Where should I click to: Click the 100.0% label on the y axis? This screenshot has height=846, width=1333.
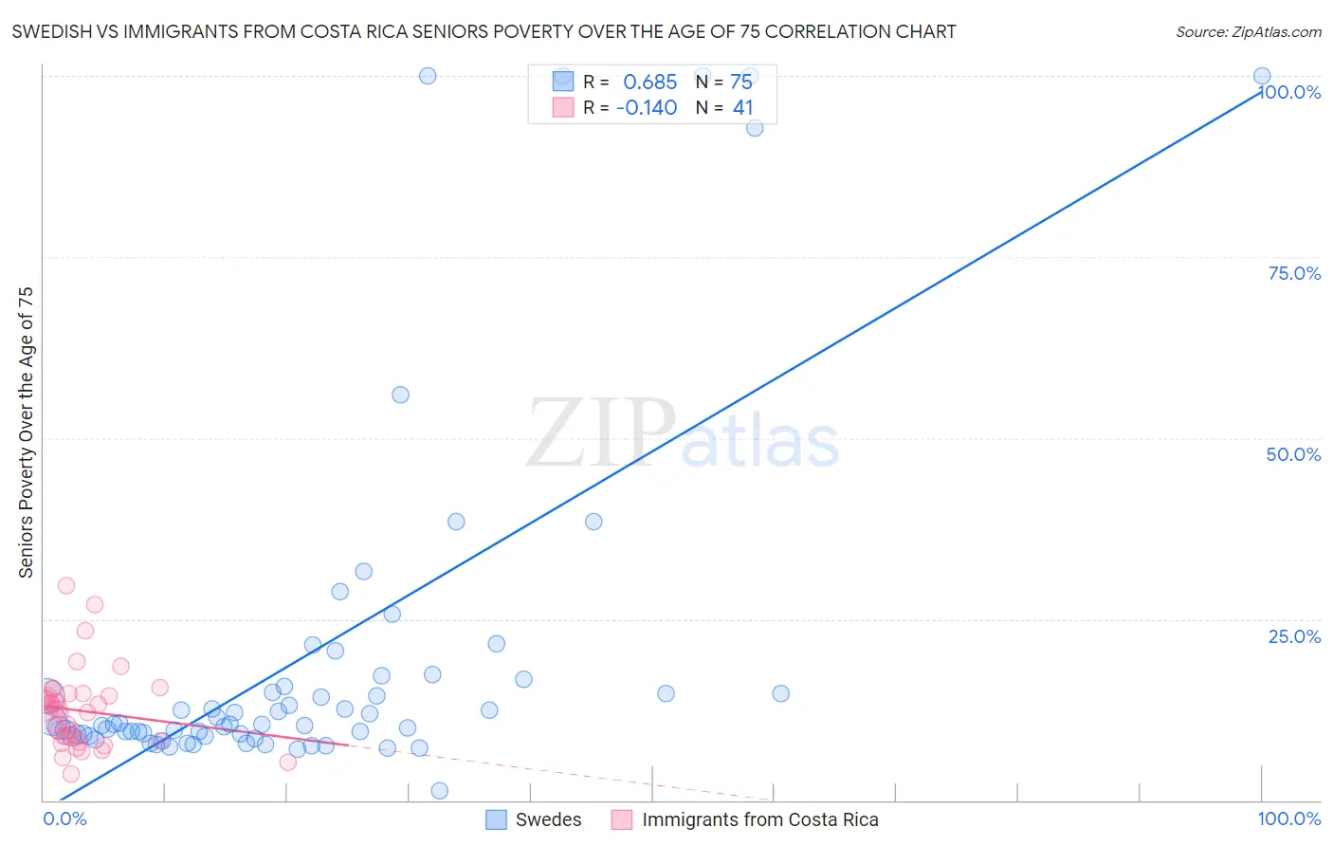tap(1290, 92)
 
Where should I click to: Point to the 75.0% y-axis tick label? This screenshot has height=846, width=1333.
tap(1294, 273)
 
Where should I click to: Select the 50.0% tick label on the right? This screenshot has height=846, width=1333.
tap(1293, 454)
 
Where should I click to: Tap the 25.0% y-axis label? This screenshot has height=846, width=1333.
tap(1294, 635)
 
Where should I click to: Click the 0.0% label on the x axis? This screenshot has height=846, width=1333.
tap(64, 818)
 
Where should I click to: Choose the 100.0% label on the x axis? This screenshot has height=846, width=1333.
tap(1288, 818)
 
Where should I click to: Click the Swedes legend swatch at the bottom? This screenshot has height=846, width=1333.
tap(496, 819)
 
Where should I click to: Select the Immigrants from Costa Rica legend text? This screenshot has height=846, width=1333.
tap(759, 819)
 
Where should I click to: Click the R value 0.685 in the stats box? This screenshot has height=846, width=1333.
tap(649, 82)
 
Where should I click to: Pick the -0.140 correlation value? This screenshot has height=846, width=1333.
tap(647, 108)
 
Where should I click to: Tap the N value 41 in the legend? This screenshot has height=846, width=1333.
tap(742, 108)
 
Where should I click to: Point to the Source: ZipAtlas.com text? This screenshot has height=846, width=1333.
tap(1248, 31)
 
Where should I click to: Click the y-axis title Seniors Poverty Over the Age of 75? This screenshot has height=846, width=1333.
tap(27, 432)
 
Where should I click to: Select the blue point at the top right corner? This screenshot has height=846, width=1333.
tap(1262, 76)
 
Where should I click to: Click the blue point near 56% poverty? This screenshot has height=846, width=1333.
tap(400, 395)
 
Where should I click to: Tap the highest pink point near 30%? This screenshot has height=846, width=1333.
tap(66, 585)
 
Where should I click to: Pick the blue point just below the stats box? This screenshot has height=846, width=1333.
tap(755, 128)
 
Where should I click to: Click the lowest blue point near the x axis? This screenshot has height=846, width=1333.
tap(439, 791)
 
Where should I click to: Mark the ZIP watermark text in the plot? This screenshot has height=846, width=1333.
tap(601, 434)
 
